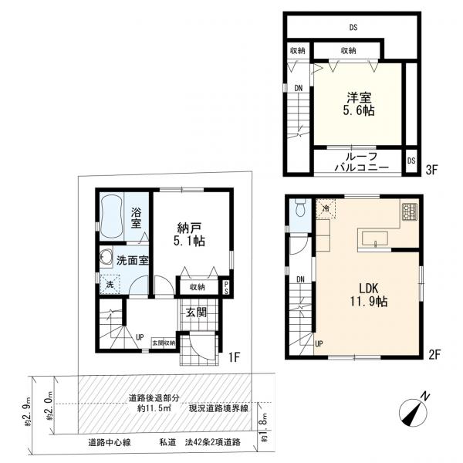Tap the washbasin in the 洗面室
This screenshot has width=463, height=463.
point(106,257)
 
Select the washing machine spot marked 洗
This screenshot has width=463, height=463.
point(110,284)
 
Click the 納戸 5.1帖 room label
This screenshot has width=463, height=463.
point(189,235)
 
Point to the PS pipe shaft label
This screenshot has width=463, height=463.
point(226,287)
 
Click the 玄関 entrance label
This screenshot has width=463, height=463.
point(196,312)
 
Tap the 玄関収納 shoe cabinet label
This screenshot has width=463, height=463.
point(164,343)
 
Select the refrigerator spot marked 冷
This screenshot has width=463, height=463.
point(326,208)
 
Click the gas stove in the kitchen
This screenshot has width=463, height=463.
point(410,211)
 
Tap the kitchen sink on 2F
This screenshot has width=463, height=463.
point(375,238)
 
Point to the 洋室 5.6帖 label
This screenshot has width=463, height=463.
point(359,103)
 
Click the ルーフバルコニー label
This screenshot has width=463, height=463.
point(362,162)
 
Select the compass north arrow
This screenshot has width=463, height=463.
point(414,411)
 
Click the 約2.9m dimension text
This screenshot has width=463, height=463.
point(27,411)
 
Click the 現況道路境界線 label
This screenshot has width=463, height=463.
point(218,409)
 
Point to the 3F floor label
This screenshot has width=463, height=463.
point(431,170)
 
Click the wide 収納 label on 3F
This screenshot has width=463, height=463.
point(348,50)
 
